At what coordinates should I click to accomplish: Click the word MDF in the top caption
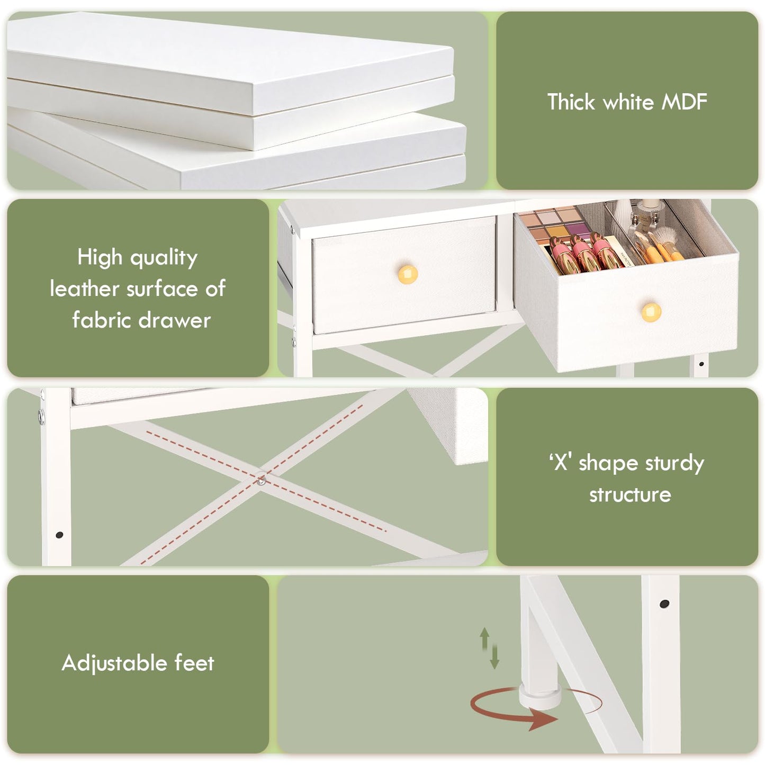[x=684, y=102]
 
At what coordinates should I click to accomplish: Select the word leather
[x=84, y=288]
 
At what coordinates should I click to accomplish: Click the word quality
[x=164, y=258]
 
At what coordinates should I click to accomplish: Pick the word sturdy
[x=674, y=463]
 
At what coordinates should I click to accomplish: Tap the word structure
[x=630, y=494]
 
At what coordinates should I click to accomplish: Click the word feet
[x=194, y=663]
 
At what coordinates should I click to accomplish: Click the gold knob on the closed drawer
[x=407, y=274]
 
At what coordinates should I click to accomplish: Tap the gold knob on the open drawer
[x=651, y=312]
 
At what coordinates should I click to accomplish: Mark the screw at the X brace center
[x=261, y=482]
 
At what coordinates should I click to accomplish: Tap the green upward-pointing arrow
[x=484, y=639]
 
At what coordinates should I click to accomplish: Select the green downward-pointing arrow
[x=494, y=656]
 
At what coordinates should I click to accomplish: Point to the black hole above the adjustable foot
[x=664, y=604]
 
